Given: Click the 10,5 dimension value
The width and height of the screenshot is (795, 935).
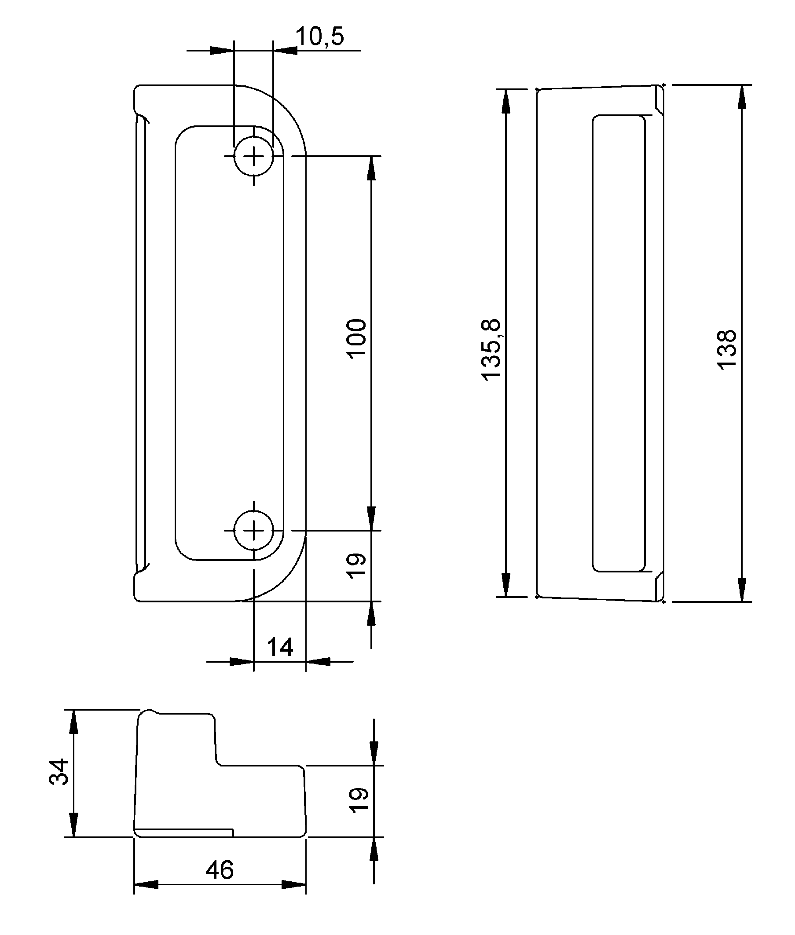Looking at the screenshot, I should [320, 37].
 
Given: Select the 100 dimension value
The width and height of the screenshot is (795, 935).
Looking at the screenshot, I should [357, 338].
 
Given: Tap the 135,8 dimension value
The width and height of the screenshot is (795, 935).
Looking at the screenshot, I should [491, 349].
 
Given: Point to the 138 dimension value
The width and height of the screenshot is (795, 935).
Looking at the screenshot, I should [726, 349].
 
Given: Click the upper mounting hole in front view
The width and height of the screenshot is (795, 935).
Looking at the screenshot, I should [254, 156].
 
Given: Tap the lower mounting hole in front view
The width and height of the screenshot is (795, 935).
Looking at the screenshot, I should [254, 530].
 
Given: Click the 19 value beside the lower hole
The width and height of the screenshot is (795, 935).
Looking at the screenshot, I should [357, 565].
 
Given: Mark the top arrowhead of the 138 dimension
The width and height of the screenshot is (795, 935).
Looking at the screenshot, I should [741, 96].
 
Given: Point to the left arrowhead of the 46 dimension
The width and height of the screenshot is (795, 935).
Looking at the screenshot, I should [146, 884].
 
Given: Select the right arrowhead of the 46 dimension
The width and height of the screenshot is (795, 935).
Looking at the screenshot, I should [294, 884].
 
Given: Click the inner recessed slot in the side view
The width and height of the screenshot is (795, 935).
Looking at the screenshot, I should [618, 342].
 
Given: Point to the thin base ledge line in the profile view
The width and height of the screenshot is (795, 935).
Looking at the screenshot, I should [185, 829].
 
